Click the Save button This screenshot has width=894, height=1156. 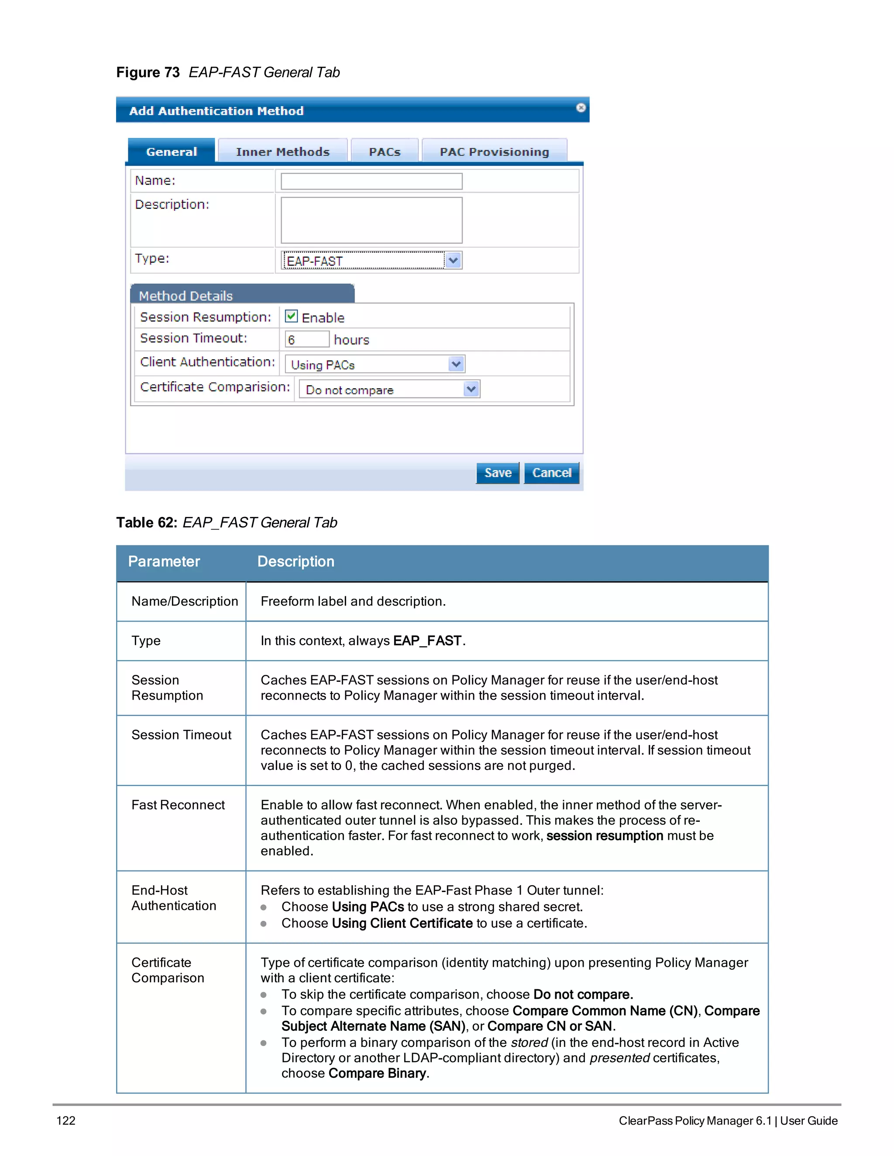pyautogui.click(x=497, y=473)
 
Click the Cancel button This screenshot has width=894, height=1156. pyautogui.click(x=551, y=473)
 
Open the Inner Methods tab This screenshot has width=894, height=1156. pyautogui.click(x=282, y=152)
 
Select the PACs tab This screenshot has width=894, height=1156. pyautogui.click(x=385, y=152)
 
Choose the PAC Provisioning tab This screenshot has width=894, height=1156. pyautogui.click(x=494, y=152)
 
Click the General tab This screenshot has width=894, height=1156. pyautogui.click(x=172, y=152)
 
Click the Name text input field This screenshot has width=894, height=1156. pyautogui.click(x=371, y=181)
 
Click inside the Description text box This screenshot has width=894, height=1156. pyautogui.click(x=371, y=220)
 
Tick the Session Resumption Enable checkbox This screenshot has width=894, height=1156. pyautogui.click(x=291, y=317)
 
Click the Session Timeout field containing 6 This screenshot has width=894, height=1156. pyautogui.click(x=306, y=339)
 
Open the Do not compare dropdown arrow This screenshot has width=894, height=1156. pyautogui.click(x=471, y=390)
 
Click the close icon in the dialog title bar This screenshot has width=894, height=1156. pyautogui.click(x=581, y=108)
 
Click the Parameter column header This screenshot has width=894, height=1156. pyautogui.click(x=164, y=561)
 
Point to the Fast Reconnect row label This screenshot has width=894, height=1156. pyautogui.click(x=178, y=805)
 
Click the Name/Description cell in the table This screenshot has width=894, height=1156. pyautogui.click(x=184, y=601)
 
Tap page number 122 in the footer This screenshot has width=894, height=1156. pyautogui.click(x=66, y=1121)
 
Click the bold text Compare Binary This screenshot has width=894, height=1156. pyautogui.click(x=377, y=1073)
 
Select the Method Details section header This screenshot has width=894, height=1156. pyautogui.click(x=186, y=295)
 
